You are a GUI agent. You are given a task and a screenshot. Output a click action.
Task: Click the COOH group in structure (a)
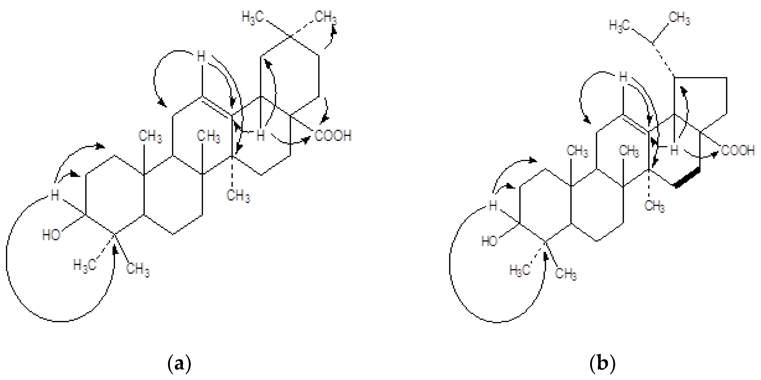(x=333, y=136)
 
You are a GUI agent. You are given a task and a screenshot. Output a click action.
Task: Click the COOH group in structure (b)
(x=738, y=151)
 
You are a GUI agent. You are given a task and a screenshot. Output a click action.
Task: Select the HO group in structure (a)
(x=51, y=235)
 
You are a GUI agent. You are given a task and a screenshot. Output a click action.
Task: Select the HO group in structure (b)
(x=489, y=242)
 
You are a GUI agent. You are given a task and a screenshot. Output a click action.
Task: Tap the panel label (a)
(x=179, y=364)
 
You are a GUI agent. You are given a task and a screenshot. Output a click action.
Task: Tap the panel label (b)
(x=602, y=364)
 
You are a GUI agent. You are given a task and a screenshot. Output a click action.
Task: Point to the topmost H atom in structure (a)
(x=201, y=56)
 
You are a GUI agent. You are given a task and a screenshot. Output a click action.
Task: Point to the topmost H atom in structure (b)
(x=623, y=78)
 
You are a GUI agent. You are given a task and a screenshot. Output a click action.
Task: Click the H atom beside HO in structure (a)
(x=55, y=195)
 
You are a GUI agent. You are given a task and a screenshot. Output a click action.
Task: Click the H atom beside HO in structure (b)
(x=492, y=205)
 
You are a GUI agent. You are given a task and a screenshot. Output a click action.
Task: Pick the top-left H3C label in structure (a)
(x=253, y=17)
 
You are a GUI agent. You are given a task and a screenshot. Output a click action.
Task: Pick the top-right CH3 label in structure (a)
(x=325, y=17)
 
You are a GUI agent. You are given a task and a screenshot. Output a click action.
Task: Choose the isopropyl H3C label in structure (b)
(x=620, y=25)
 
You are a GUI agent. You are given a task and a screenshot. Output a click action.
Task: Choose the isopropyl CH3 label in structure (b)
(x=679, y=18)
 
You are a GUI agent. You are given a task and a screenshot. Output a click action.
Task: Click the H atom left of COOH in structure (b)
(x=674, y=150)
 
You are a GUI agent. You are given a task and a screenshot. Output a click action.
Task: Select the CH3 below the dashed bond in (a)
(x=238, y=196)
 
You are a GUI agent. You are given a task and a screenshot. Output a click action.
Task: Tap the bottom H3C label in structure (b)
(x=520, y=270)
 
